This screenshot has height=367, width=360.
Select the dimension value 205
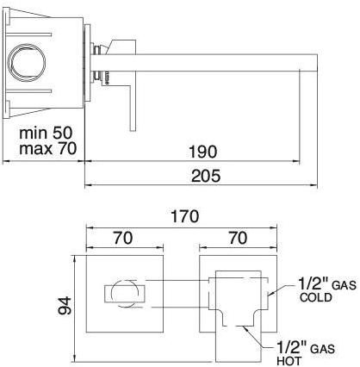pyautogui.click(x=208, y=177)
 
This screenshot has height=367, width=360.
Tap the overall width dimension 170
pyautogui.click(x=184, y=215)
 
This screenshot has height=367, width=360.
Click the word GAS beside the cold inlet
pyautogui.click(x=344, y=283)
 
